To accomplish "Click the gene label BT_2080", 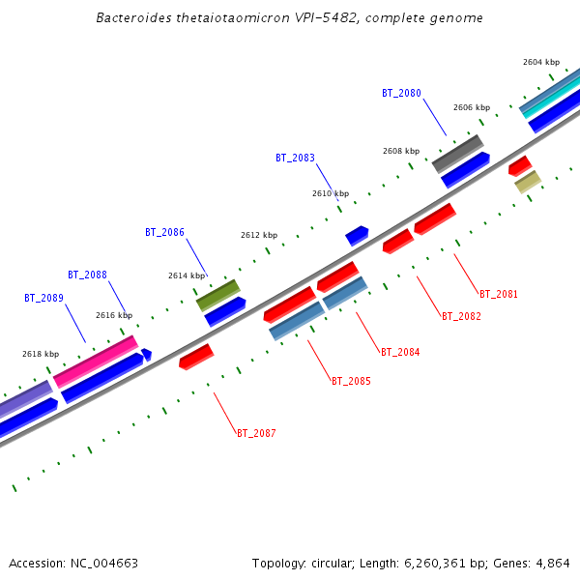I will pos(401,93).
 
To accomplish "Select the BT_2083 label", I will pos(295,158).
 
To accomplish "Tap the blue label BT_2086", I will pos(164,232).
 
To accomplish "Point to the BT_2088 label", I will pos(87,275).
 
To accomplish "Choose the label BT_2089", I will pos(43,298).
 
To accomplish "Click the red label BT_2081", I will pos(499,294).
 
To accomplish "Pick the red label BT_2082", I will pos(461,316).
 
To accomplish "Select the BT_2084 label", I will pos(400,352).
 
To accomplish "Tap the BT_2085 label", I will pos(351,381).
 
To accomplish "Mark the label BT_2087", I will pos(256,433).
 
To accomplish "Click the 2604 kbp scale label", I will pos(541,62).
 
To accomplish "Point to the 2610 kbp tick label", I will pos(331,193).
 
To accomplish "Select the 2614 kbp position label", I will pos(187,275).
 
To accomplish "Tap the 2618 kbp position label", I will pos(41,354).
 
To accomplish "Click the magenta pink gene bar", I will pos(95,361).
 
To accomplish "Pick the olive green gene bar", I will pos(217,294).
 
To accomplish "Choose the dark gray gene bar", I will pos(457,153).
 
